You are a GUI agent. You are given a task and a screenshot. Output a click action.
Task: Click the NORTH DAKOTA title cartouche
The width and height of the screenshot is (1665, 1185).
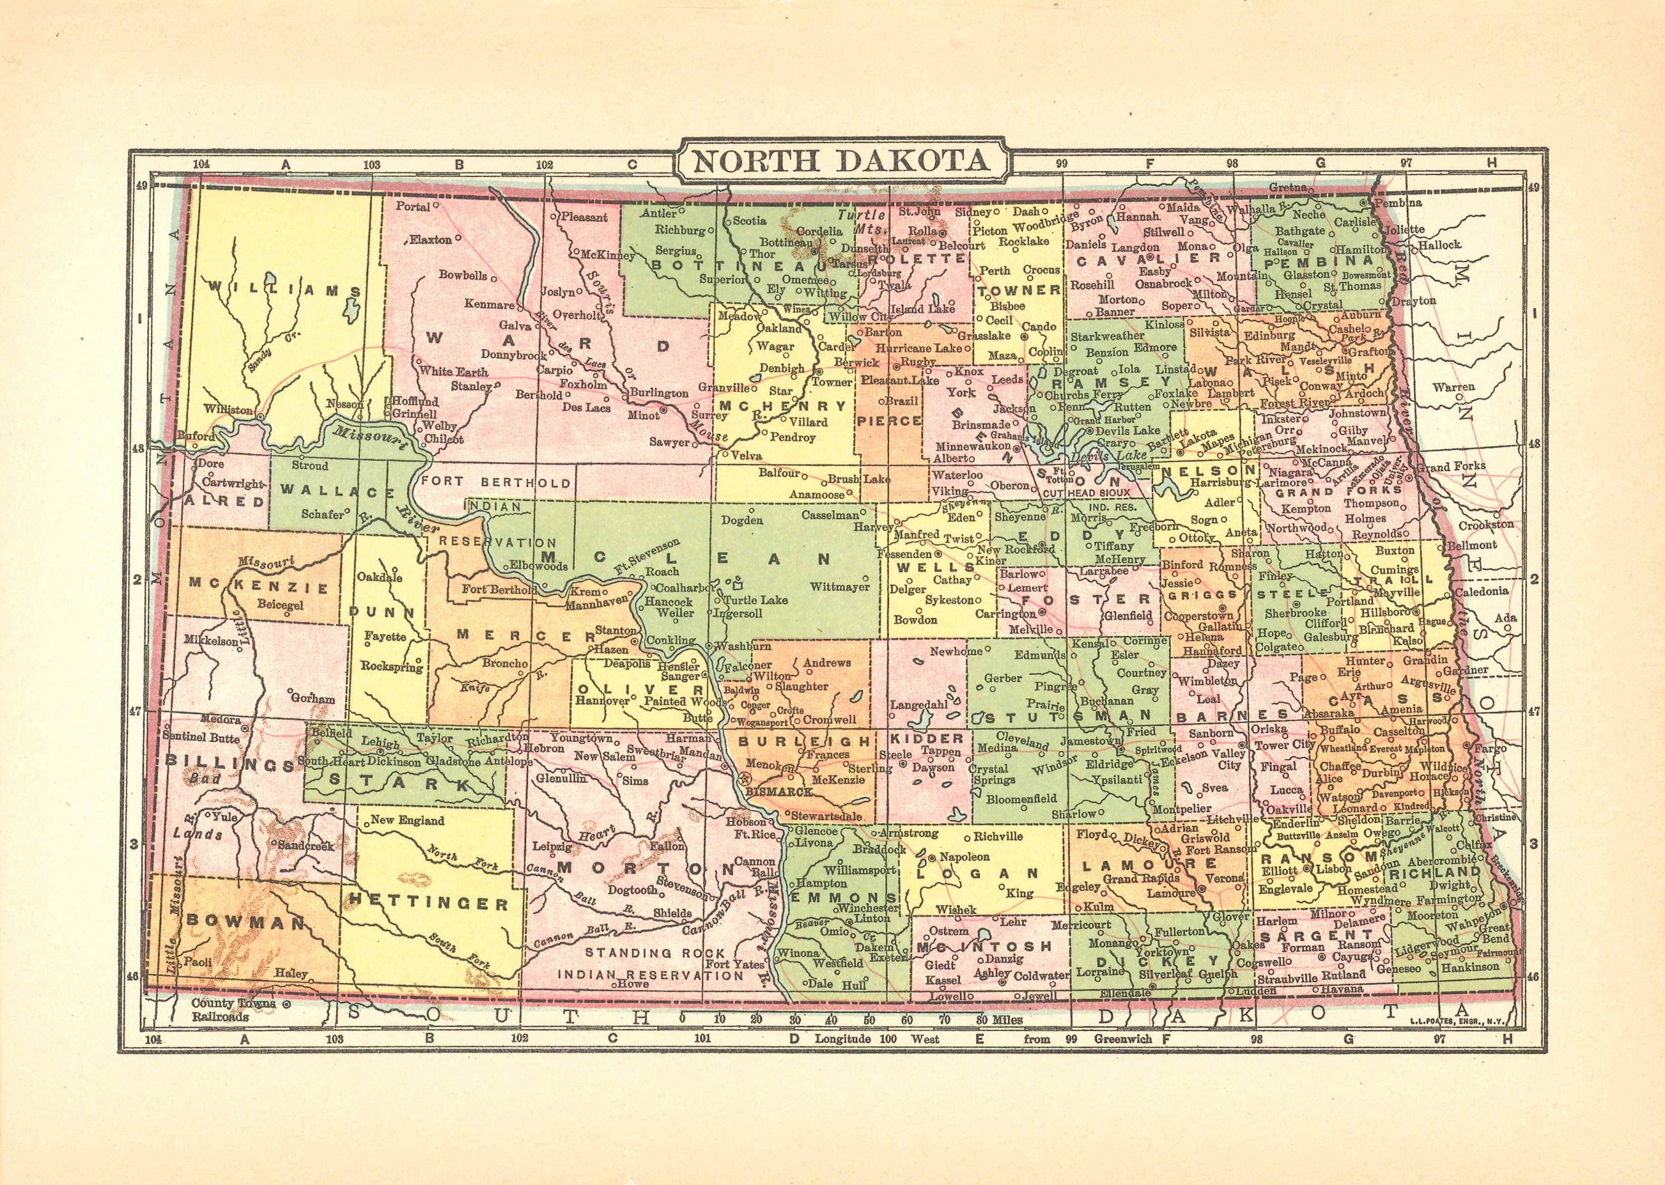click(841, 161)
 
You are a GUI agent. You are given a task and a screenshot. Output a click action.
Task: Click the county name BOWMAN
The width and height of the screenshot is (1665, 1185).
click(245, 921)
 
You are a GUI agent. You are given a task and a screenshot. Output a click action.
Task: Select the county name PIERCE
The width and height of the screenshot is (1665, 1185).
click(888, 421)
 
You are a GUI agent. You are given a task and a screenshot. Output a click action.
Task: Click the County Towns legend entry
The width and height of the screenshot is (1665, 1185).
click(233, 1004)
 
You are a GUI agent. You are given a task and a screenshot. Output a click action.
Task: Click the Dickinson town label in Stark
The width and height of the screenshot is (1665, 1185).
click(394, 761)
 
